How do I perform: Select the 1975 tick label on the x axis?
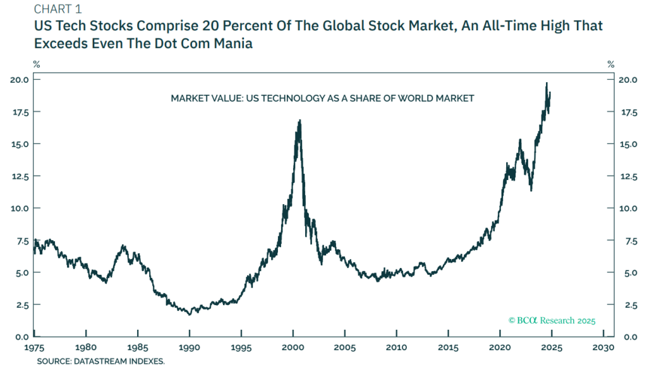[x=34, y=348]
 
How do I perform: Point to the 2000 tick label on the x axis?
[x=293, y=348]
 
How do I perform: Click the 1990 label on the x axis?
[x=189, y=348]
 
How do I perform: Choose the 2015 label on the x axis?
[x=447, y=348]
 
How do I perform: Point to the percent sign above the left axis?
[x=37, y=64]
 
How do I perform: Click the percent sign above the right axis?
[x=610, y=64]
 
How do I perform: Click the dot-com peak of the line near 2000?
[x=299, y=120]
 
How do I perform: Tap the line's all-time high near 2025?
[x=547, y=83]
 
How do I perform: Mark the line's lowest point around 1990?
[x=189, y=313]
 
